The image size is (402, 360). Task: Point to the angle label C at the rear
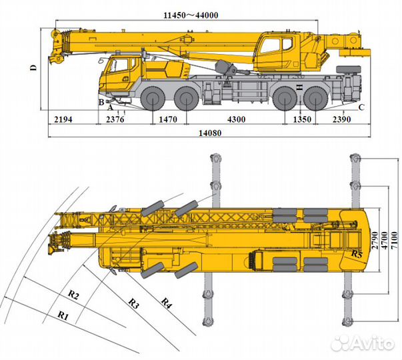tap(361, 107)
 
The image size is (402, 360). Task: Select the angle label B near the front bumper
tap(101, 101)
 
